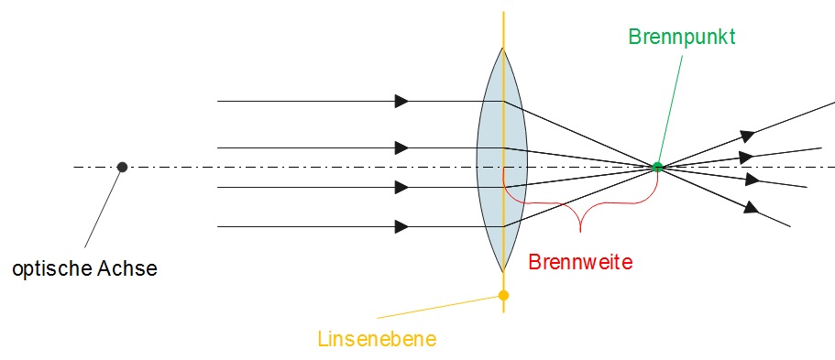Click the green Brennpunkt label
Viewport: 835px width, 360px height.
(x=683, y=37)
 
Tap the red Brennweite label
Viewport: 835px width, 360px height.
(x=581, y=261)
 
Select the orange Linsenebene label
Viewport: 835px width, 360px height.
(x=377, y=339)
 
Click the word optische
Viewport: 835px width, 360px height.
(x=50, y=269)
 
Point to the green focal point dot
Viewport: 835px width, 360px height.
(x=657, y=167)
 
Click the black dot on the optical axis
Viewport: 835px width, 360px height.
(x=122, y=167)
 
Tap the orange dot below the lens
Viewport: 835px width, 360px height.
(x=503, y=295)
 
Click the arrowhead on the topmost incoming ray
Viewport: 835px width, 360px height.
(x=401, y=101)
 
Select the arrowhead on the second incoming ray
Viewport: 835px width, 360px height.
(x=401, y=147)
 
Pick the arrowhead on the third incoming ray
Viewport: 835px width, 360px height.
(x=401, y=187)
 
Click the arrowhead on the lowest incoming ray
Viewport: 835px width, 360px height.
(x=401, y=225)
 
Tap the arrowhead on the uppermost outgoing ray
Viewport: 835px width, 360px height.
(x=748, y=135)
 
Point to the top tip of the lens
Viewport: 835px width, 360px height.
(x=502, y=48)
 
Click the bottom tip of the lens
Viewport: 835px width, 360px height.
(x=502, y=271)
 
